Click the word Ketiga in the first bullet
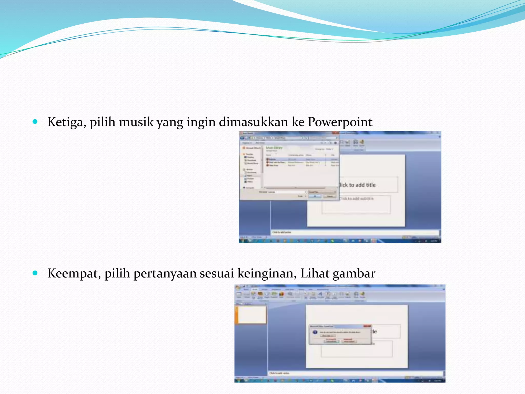point(66,122)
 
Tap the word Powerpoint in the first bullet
point(340,122)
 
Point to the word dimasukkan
point(253,122)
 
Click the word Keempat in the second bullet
point(74,273)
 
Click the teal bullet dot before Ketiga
point(35,122)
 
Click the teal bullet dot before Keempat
point(35,273)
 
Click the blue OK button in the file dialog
point(315,196)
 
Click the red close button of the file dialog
point(335,133)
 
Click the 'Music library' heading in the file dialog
point(274,148)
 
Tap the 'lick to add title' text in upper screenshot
point(357,185)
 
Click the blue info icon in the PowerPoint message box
point(315,332)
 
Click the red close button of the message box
point(367,326)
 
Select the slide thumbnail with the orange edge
point(251,315)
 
